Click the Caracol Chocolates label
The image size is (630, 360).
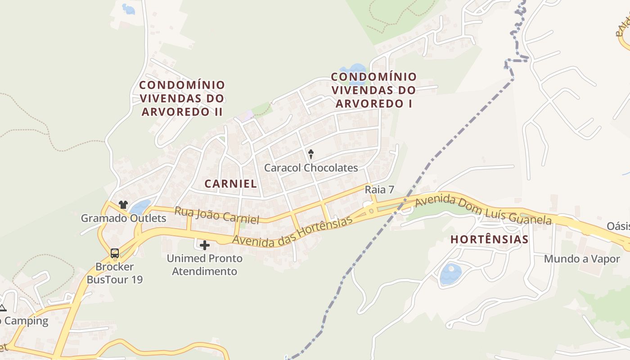coord(311,168)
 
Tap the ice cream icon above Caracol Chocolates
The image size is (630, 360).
coord(310,154)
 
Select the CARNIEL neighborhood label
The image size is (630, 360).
coord(230,184)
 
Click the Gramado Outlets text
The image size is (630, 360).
coord(123,219)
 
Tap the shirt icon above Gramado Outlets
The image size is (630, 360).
coord(123,205)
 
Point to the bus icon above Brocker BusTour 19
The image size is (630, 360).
coord(115,253)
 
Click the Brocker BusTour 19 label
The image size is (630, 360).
coord(115,273)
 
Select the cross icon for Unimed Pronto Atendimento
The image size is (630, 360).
coord(205,245)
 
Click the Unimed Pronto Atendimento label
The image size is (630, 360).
coord(205,265)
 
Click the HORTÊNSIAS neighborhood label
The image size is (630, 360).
coord(489,239)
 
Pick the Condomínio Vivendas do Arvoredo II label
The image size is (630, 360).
coord(182,98)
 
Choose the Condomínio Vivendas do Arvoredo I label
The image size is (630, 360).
coord(373,90)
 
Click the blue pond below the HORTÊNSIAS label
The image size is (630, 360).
coord(450,274)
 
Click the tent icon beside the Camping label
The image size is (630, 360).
coord(2,308)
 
